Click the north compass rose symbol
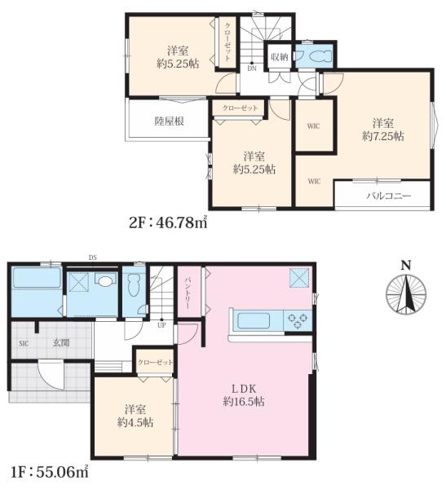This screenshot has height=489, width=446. point(406,294)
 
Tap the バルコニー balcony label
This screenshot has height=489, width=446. point(389,196)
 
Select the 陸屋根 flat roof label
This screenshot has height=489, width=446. point(169,121)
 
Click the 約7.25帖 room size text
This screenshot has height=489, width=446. point(383,136)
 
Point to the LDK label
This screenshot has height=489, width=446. point(244,389)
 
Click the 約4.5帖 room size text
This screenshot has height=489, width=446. point(135,422)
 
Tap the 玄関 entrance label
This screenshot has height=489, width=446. point(61,343)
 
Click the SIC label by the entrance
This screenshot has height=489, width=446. point(24,344)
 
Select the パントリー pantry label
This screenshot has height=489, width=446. point(188,293)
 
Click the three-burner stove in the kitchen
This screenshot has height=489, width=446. point(298,320)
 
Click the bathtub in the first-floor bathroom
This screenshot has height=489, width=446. point(37,278)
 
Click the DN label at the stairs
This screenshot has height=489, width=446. point(252,68)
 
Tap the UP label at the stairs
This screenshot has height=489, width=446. point(161,325)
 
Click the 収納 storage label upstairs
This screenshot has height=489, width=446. point(279,57)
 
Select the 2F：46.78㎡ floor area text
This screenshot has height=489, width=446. point(168,222)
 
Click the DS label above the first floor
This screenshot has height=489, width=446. point(93,258)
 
